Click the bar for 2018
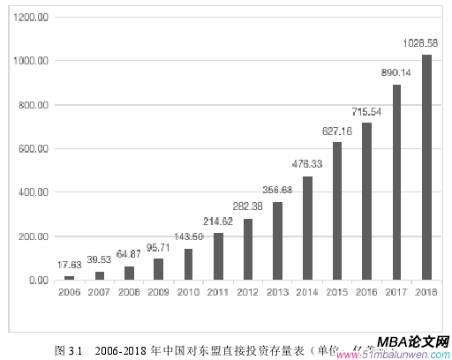426,168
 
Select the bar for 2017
396,183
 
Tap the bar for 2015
336,211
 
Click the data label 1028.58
426,43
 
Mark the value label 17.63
70,264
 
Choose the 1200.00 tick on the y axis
31,17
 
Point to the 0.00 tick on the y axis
37,281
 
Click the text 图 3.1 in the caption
68,349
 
